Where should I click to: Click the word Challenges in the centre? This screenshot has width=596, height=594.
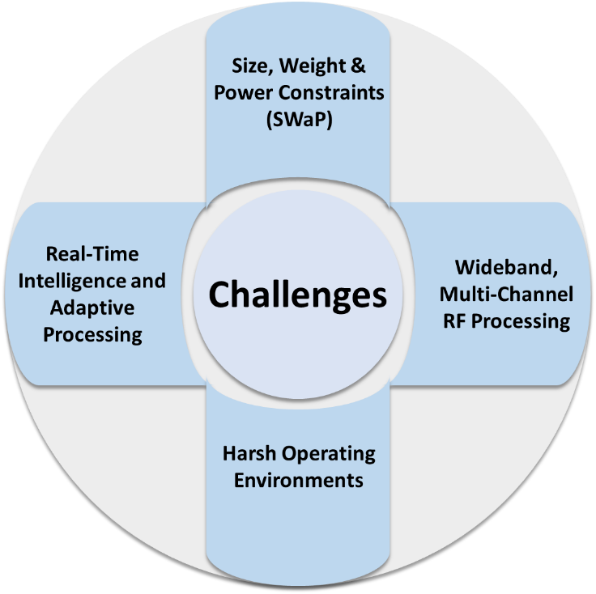[298, 295]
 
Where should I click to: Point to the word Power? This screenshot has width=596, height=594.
[241, 91]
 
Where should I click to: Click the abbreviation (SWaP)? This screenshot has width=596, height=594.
[298, 119]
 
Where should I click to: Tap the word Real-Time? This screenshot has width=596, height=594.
[92, 254]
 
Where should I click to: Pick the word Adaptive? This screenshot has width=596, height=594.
[92, 308]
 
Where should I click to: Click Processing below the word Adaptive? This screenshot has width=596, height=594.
[92, 335]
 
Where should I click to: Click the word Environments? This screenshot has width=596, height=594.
[298, 480]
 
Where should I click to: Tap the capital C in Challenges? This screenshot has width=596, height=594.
[222, 295]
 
